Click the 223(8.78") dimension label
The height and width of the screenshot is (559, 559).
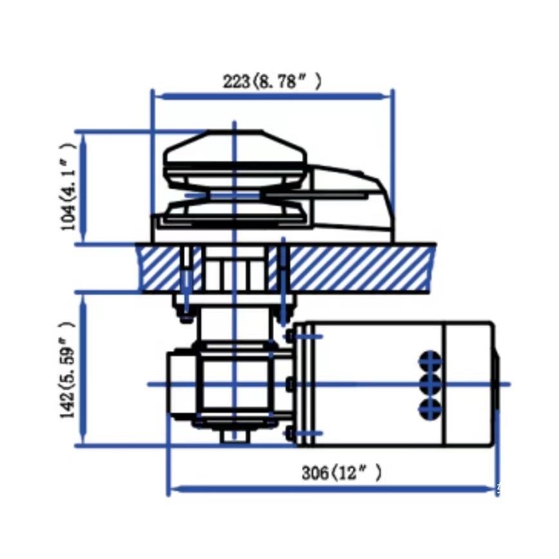[272, 82]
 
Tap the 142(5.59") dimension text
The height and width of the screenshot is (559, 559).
[67, 370]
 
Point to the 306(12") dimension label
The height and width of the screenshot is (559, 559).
[341, 473]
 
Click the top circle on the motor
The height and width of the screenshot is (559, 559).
[430, 361]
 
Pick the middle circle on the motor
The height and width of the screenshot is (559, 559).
[430, 384]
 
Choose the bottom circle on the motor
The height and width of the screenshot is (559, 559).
[430, 408]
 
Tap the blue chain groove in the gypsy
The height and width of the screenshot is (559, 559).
[234, 195]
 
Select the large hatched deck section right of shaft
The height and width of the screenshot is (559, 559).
[360, 268]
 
